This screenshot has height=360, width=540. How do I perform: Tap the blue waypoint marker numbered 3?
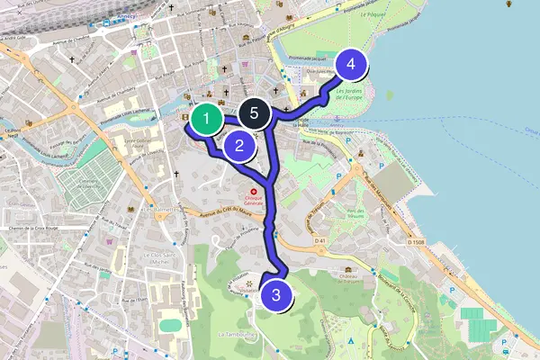[276, 294]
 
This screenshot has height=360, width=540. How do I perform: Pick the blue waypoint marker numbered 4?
[351, 64]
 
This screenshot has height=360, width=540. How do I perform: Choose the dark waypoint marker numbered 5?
[255, 114]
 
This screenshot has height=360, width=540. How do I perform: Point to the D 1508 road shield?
[415, 242]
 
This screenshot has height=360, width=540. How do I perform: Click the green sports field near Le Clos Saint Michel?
[169, 323]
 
